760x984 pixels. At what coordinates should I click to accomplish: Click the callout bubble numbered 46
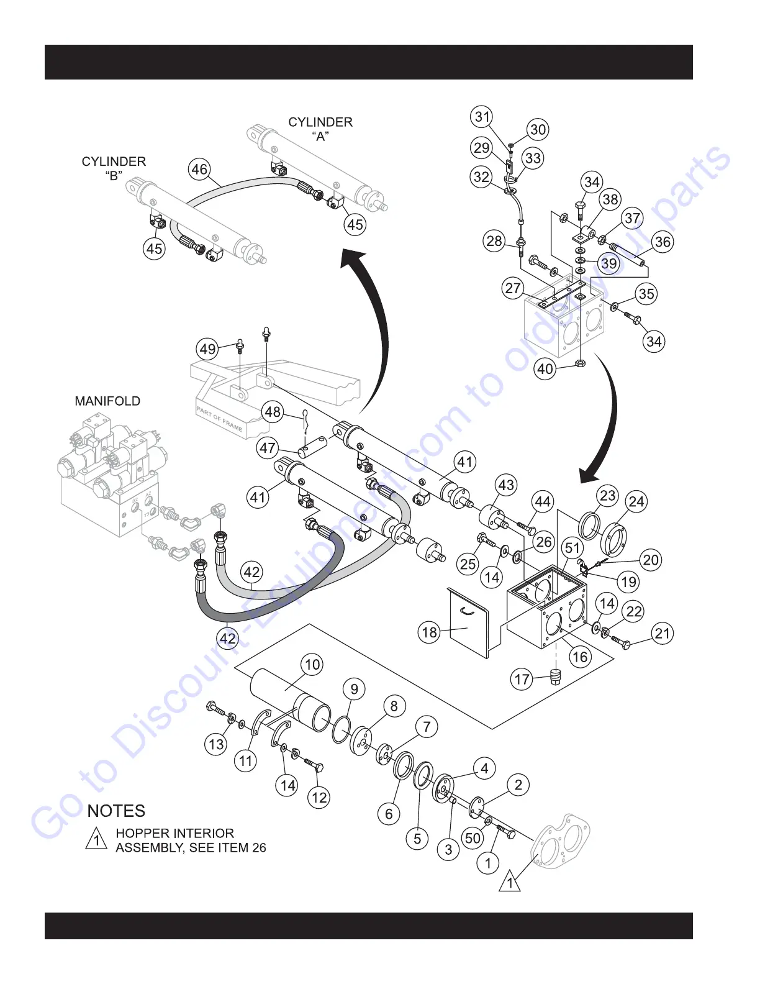coord(199,170)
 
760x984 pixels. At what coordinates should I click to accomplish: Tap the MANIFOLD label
coord(107,401)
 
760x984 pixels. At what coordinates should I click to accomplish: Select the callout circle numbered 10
coord(312,665)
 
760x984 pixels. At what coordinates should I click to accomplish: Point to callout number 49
coord(208,348)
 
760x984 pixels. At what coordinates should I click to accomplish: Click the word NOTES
coord(116,811)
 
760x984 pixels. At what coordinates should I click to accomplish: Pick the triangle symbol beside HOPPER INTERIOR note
coord(96,839)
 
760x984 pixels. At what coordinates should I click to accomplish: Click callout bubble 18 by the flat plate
coord(430,632)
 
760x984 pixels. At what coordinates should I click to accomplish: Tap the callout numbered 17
coord(522,679)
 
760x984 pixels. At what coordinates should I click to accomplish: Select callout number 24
coord(636,501)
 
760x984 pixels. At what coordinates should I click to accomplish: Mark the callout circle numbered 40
coord(545,369)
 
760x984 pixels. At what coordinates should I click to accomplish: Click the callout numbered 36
coord(663,242)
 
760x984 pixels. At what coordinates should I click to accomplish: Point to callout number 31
coord(482,116)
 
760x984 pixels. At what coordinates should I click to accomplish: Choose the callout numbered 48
coord(273,412)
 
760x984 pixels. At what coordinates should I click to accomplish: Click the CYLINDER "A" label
coord(320,129)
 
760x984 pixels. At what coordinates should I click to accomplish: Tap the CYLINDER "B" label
coord(114,168)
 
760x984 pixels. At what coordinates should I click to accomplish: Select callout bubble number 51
coord(572,548)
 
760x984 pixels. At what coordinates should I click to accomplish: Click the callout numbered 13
coord(216,744)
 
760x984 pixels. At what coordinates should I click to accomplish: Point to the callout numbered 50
coord(473,838)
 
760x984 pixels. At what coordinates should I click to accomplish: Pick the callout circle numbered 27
coord(513,288)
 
